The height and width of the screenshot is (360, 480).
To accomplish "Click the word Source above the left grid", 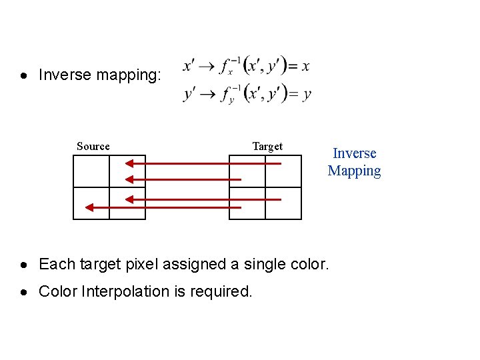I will pyautogui.click(x=93, y=147).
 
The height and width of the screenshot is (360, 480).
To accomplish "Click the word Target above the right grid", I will pyautogui.click(x=267, y=147).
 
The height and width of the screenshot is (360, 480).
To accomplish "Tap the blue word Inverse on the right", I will pyautogui.click(x=355, y=153).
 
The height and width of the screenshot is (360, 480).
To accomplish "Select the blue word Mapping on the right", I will pyautogui.click(x=355, y=171).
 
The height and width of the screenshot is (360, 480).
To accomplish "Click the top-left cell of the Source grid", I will pyautogui.click(x=91, y=171).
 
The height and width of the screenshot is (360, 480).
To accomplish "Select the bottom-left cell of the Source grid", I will pyautogui.click(x=91, y=203).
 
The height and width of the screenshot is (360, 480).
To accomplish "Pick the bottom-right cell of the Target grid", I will pyautogui.click(x=283, y=203).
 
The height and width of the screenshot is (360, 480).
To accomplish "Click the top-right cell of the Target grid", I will pyautogui.click(x=283, y=171).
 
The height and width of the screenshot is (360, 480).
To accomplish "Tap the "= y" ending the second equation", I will pyautogui.click(x=299, y=94).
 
